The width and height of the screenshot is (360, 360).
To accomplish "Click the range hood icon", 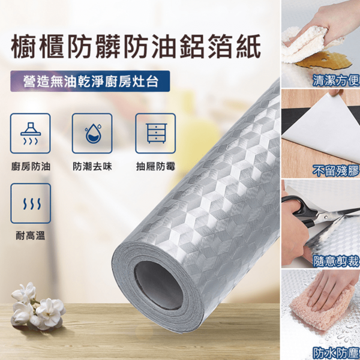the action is [x=31, y=133].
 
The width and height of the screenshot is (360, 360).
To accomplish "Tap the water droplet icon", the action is [x=93, y=133].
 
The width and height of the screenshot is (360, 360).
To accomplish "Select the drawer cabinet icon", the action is [x=156, y=133].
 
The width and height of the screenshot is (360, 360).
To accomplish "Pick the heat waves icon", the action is [x=31, y=204].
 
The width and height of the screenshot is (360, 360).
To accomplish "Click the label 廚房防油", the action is [x=31, y=167].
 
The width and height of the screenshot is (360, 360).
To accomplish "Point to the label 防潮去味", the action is [x=92, y=167].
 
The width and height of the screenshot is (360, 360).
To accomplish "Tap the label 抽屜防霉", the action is [x=155, y=167].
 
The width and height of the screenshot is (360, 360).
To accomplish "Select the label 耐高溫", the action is [x=31, y=236].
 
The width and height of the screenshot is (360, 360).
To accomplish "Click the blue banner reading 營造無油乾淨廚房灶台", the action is [x=90, y=81].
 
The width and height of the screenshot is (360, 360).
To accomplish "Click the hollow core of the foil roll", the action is [x=158, y=285].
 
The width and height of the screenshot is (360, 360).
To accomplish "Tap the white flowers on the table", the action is [x=37, y=306].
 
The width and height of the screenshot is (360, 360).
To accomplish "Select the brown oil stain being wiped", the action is [x=324, y=61].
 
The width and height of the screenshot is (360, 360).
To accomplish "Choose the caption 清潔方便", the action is [x=336, y=80].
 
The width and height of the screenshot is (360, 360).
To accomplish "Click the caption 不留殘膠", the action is [x=336, y=171].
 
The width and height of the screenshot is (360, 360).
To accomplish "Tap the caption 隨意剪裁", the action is [x=336, y=261].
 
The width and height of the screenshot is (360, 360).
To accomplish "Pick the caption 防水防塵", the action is [x=336, y=353].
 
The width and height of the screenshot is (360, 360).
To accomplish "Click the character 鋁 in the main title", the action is [x=193, y=46].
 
